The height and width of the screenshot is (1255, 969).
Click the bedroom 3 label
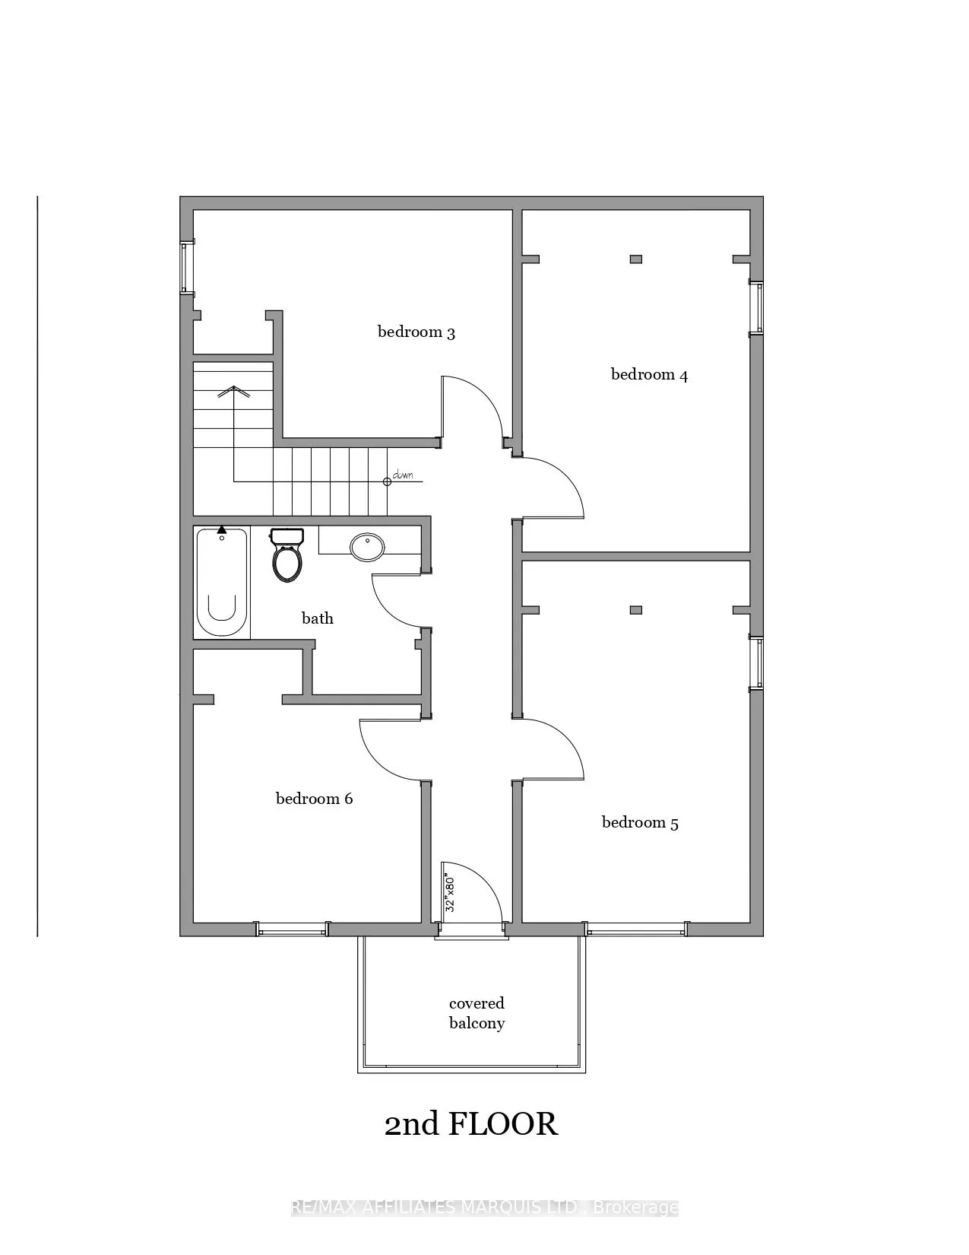(x=416, y=332)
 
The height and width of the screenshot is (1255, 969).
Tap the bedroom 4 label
(x=649, y=374)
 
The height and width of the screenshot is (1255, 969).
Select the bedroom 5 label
(x=640, y=822)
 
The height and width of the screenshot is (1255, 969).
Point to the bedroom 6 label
(x=314, y=799)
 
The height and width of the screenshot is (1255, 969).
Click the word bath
(x=318, y=618)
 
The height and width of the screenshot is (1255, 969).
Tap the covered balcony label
(x=477, y=1013)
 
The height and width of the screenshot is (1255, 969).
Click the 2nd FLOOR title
(x=471, y=1124)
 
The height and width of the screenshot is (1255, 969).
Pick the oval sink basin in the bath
(x=368, y=547)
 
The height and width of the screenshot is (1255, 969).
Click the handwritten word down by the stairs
(x=403, y=475)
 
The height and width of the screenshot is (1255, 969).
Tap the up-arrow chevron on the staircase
(x=234, y=392)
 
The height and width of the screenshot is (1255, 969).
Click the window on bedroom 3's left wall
(x=185, y=268)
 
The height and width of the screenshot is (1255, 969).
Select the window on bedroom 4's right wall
(x=756, y=308)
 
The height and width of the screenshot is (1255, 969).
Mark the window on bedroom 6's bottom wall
(x=293, y=929)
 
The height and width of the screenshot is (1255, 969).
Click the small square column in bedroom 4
(x=636, y=259)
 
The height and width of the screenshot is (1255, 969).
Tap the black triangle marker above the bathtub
(x=221, y=529)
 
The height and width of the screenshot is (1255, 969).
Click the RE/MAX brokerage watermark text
(x=485, y=1207)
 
